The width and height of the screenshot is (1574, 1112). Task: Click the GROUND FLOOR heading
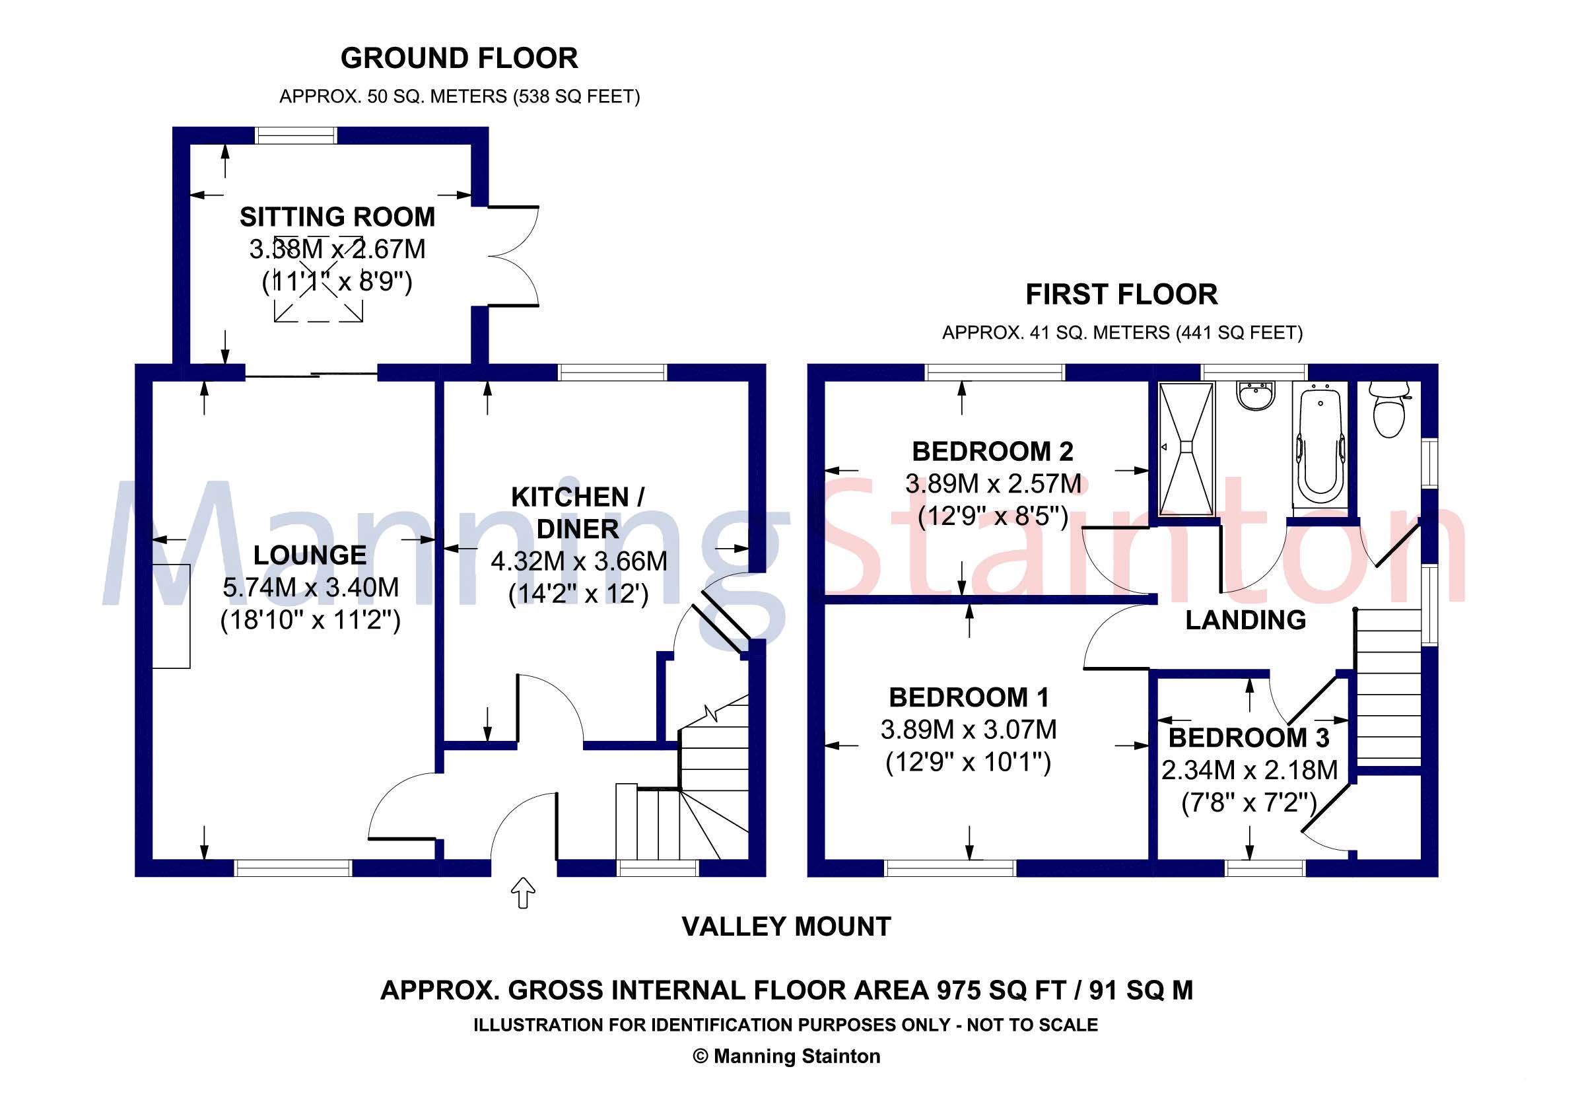(x=459, y=58)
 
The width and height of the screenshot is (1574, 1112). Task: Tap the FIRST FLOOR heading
(x=1122, y=295)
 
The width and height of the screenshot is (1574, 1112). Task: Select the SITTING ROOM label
(x=337, y=217)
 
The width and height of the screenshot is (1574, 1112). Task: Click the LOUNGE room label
(x=310, y=555)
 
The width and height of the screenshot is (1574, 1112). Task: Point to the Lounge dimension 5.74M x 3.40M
(x=310, y=588)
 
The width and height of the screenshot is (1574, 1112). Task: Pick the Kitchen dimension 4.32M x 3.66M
(x=578, y=561)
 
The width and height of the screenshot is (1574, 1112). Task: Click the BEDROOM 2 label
(x=992, y=452)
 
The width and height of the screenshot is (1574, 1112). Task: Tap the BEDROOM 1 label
(x=969, y=698)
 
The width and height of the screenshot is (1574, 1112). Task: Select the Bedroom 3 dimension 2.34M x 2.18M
(x=1249, y=771)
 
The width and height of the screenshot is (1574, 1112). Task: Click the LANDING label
(x=1246, y=621)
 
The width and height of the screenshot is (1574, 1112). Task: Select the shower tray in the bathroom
(x=1186, y=449)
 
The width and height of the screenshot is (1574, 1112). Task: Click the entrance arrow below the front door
(x=524, y=892)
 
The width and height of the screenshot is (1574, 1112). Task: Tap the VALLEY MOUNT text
(x=786, y=927)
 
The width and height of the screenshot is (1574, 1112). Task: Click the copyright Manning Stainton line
(x=786, y=1057)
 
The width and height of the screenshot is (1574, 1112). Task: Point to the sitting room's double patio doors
(x=514, y=256)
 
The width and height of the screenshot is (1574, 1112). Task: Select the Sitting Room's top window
(x=296, y=135)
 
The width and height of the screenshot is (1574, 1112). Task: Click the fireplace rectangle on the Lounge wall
(x=171, y=615)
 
